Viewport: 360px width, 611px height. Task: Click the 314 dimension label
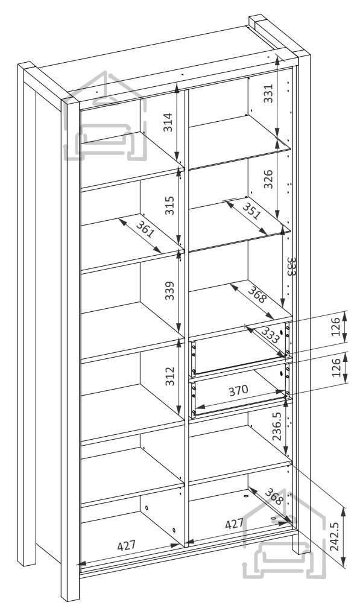(x=168, y=122)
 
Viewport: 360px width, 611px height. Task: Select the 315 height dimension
(x=169, y=205)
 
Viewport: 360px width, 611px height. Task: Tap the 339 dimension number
(x=169, y=290)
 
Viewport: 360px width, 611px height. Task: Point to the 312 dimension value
(x=169, y=376)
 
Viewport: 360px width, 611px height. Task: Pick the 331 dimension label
(x=269, y=93)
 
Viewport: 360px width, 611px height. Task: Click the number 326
(x=268, y=179)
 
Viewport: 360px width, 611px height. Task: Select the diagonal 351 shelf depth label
(x=251, y=211)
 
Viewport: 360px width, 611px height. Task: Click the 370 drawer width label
(x=238, y=390)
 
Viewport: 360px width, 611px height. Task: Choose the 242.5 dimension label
(x=335, y=536)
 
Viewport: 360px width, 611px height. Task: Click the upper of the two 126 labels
(x=336, y=326)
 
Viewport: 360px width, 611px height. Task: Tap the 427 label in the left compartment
(x=127, y=545)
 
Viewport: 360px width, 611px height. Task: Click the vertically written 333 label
(x=291, y=266)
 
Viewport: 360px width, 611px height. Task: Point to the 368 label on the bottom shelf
(x=274, y=496)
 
